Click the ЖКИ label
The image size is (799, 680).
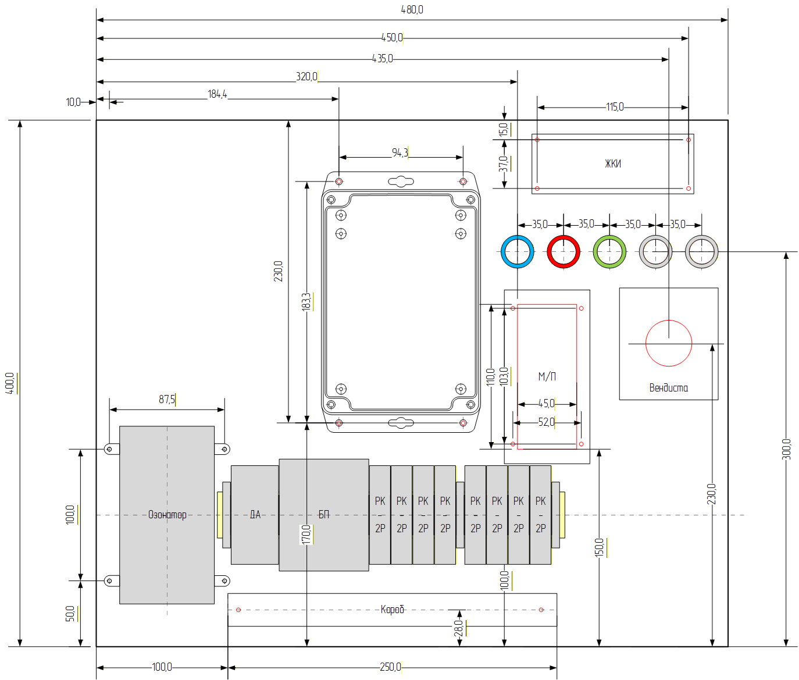(613, 164)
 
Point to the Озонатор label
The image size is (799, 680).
(167, 515)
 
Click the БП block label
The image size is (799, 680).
(324, 515)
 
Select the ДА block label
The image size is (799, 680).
(255, 515)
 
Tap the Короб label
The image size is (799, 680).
(392, 610)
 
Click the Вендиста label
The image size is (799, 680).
(668, 388)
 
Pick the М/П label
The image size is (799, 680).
(547, 376)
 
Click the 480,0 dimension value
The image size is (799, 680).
(412, 10)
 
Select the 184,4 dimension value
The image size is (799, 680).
(217, 94)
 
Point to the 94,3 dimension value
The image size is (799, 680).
(400, 153)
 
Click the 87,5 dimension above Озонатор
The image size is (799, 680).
(166, 400)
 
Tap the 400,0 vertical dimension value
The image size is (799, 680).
(10, 383)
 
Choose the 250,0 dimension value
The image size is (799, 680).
(390, 667)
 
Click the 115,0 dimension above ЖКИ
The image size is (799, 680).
(615, 106)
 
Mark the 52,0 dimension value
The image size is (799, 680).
(546, 422)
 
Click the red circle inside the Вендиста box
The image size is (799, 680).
(645, 343)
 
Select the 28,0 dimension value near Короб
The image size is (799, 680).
(458, 628)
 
